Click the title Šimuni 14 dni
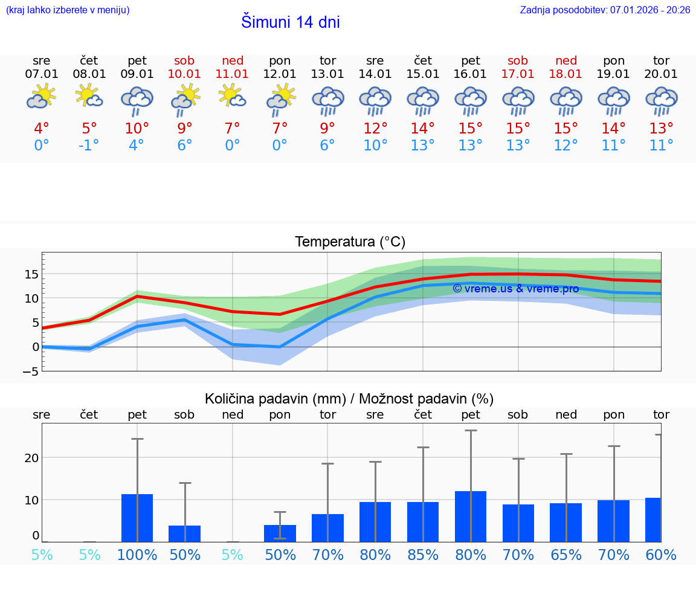(290, 22)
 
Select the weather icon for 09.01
(137, 100)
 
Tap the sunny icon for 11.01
(232, 96)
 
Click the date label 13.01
(327, 74)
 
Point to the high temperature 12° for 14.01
(375, 129)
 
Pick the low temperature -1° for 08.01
(89, 145)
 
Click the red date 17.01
(518, 74)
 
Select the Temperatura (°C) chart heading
(350, 242)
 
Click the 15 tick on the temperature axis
(31, 274)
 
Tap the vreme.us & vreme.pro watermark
(515, 289)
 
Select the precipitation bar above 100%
(137, 518)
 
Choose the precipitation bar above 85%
(423, 521)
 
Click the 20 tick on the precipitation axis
(31, 458)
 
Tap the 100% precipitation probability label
(137, 555)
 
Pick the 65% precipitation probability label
(566, 555)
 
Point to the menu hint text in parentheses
(68, 10)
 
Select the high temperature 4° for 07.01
(42, 129)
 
